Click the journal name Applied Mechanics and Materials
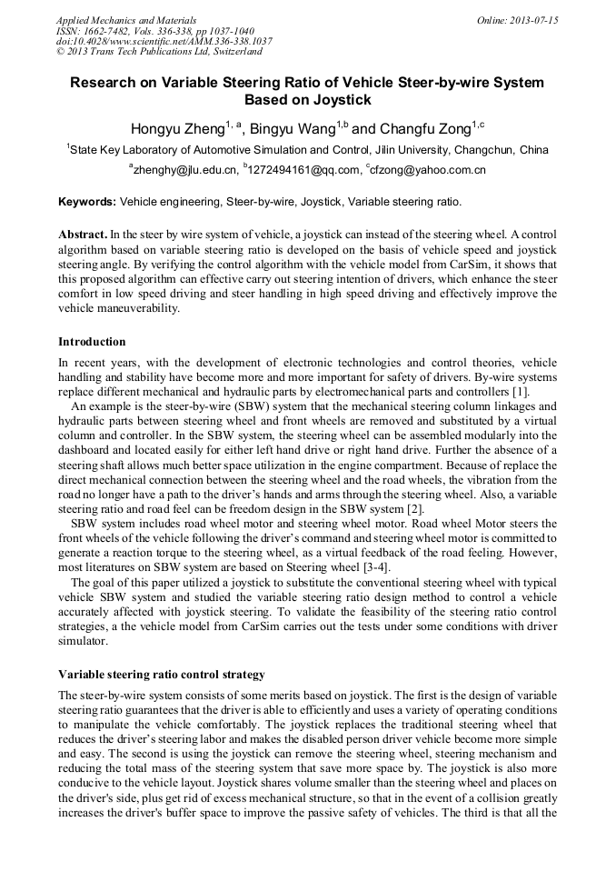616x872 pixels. click(x=126, y=19)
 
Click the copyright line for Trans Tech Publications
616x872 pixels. click(x=160, y=52)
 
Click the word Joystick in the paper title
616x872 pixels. click(x=340, y=100)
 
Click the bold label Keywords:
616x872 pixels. click(x=87, y=201)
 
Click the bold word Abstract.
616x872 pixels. click(x=83, y=234)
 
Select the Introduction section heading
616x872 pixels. click(x=92, y=342)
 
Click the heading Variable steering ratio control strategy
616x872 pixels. click(x=161, y=675)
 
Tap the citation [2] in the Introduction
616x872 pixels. click(x=414, y=506)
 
